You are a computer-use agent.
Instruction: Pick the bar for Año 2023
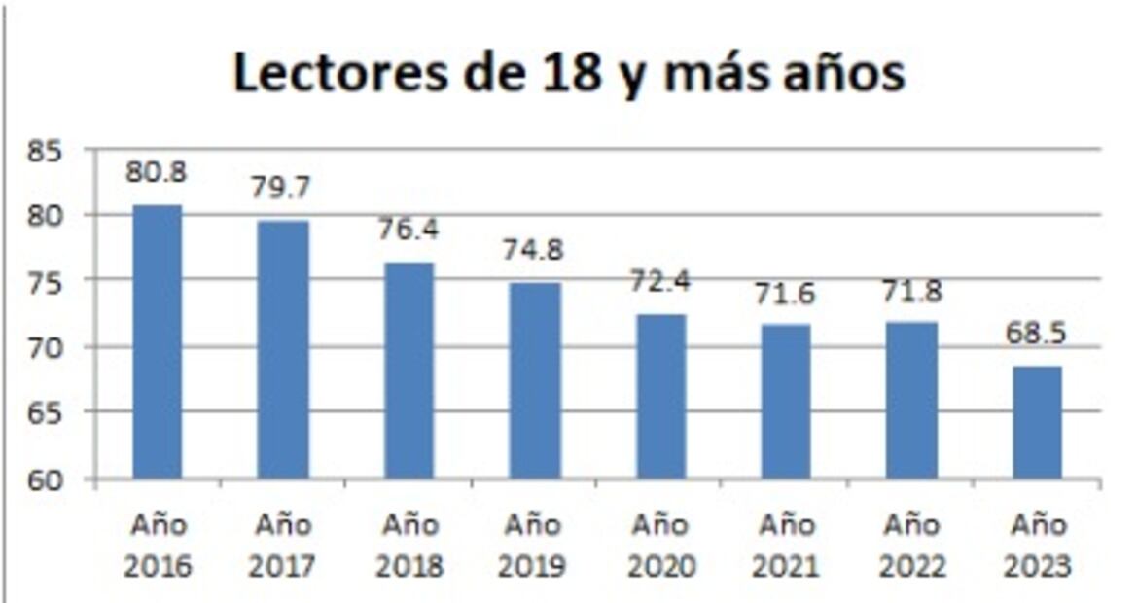1038,422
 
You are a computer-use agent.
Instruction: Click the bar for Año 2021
786,401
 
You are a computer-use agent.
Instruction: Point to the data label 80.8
156,172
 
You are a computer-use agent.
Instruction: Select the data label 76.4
408,230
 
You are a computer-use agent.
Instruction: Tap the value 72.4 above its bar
659,282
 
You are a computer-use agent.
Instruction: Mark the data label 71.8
912,290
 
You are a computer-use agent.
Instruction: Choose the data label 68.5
1037,333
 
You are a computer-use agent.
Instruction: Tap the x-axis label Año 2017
282,546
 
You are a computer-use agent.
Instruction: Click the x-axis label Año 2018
409,546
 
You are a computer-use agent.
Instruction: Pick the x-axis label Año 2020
660,546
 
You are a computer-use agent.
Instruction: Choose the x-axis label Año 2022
912,546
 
